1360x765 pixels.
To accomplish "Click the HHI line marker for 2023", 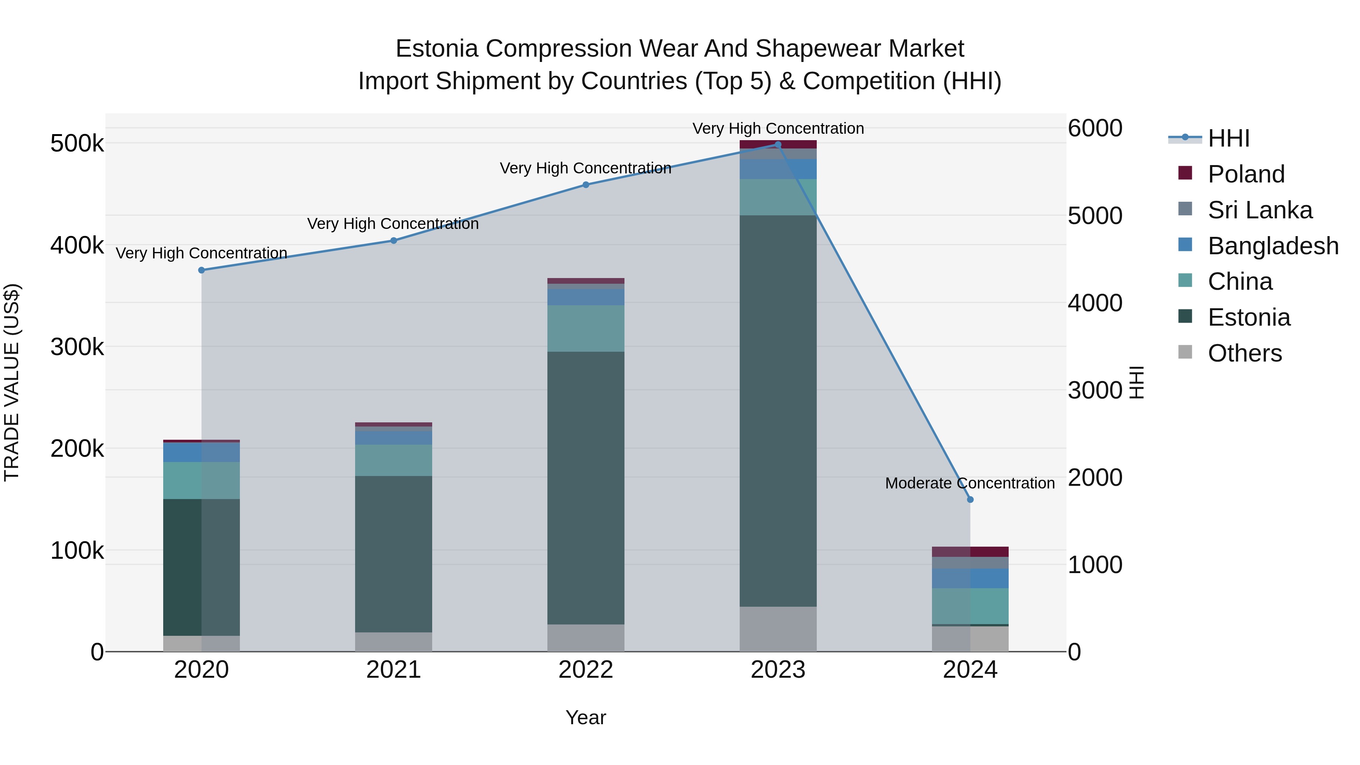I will (x=778, y=145).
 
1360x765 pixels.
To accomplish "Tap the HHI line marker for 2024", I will (x=970, y=499).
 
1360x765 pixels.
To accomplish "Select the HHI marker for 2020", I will (x=201, y=270).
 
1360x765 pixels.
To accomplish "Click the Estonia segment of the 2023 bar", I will (x=778, y=411).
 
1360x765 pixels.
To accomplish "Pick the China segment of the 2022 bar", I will (x=586, y=328).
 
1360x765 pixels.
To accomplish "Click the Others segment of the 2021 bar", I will (x=393, y=641).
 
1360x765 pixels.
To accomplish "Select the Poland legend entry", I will (x=1246, y=174).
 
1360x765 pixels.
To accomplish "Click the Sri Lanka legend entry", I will (x=1259, y=210).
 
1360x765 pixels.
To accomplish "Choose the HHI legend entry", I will (x=1228, y=138).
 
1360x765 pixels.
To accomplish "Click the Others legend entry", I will (x=1244, y=353).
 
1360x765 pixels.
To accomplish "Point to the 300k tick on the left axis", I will (x=77, y=348).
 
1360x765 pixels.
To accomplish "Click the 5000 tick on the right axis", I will (x=1094, y=216).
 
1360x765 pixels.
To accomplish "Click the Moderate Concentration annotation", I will (x=969, y=483).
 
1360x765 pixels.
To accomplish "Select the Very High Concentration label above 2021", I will (x=393, y=224).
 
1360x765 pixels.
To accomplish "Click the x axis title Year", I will (x=586, y=717).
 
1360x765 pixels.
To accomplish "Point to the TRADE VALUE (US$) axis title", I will (x=12, y=382).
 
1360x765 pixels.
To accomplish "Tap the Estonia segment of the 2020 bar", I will (x=201, y=567).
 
